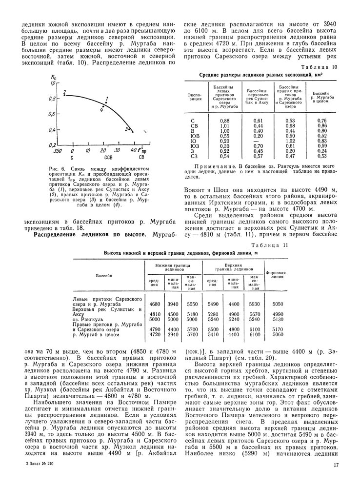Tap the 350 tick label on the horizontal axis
(x=57, y=151)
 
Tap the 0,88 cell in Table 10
(x=224, y=121)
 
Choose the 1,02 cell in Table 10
(x=290, y=141)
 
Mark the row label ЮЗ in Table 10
(x=195, y=145)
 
